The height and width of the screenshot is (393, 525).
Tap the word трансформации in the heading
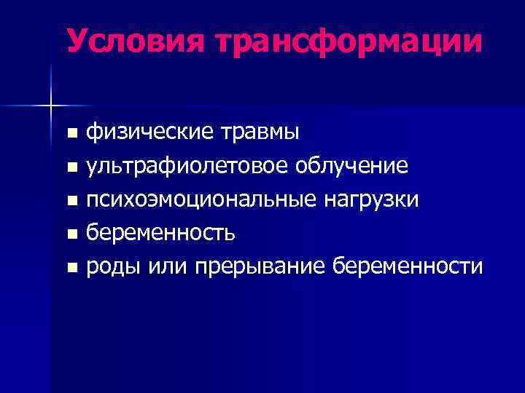pyautogui.click(x=349, y=41)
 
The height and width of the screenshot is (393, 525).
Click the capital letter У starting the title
pyautogui.click(x=77, y=41)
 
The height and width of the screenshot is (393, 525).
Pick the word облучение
pyautogui.click(x=351, y=167)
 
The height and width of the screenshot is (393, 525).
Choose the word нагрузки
pyautogui.click(x=371, y=200)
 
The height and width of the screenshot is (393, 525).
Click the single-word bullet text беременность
pyautogui.click(x=160, y=233)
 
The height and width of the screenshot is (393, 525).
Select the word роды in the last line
pyautogui.click(x=113, y=267)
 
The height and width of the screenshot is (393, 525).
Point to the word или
pyautogui.click(x=167, y=267)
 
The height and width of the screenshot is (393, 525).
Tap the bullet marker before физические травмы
pyautogui.click(x=71, y=134)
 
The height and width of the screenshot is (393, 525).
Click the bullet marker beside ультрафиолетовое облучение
pyautogui.click(x=71, y=167)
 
